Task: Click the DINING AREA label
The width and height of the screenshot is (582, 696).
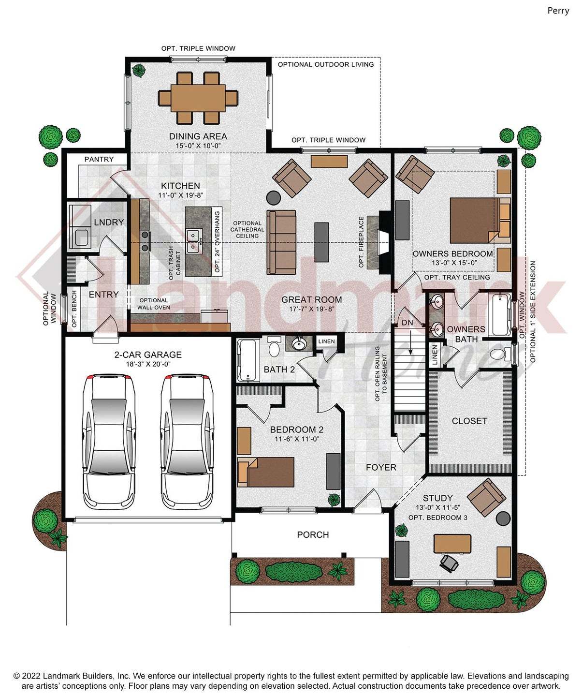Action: click(198, 136)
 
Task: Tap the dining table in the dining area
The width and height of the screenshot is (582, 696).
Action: click(198, 98)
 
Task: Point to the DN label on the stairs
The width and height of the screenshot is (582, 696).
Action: click(407, 323)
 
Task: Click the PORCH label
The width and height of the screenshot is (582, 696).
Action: click(313, 534)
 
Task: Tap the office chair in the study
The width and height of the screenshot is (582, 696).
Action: click(451, 563)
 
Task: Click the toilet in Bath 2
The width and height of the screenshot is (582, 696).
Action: click(274, 347)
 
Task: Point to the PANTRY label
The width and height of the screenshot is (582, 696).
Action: click(99, 159)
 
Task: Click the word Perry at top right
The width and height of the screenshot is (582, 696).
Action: click(558, 11)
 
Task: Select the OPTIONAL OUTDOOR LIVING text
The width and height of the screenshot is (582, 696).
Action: click(325, 64)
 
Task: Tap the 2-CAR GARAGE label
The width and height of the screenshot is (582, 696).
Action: click(148, 355)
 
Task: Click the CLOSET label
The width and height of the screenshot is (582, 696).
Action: click(469, 421)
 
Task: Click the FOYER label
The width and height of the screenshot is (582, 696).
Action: click(380, 468)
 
